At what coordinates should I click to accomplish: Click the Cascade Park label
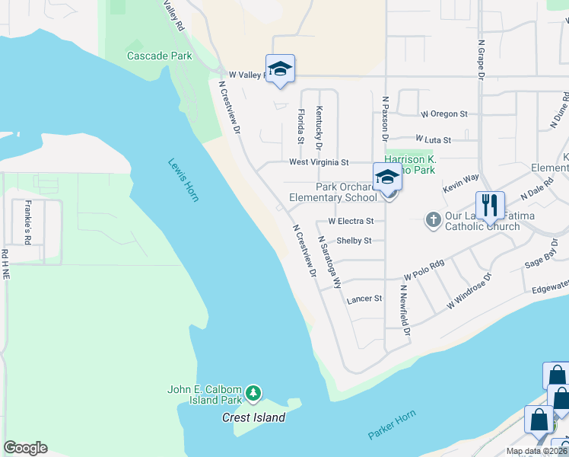coord(160,56)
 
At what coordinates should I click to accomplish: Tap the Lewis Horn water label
coord(183,180)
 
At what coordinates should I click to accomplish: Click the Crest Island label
coord(253,417)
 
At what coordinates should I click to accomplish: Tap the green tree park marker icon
coord(253,395)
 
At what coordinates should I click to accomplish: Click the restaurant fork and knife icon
coord(489,205)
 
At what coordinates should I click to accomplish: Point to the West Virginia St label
coord(319,162)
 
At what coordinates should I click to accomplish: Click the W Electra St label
coord(351,221)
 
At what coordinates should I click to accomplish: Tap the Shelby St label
coord(354,241)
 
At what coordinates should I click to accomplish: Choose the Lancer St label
coord(364,299)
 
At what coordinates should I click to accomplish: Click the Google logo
coord(25,448)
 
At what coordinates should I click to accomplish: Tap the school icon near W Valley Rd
coord(280,70)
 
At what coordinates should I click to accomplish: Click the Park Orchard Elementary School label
coord(333,192)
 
